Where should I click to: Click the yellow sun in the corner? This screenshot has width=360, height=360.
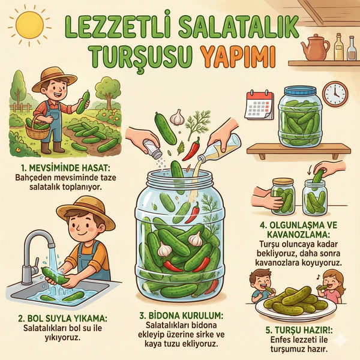click(29, 25)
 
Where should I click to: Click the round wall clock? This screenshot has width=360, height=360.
click(335, 94)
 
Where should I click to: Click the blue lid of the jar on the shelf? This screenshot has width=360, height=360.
click(300, 91)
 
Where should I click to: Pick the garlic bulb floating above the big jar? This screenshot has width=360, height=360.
click(177, 118)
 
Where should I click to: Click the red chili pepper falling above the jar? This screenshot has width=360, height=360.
click(191, 149)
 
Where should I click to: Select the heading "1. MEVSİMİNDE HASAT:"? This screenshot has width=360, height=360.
click(65, 168)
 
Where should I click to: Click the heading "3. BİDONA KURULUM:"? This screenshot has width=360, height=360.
click(181, 316)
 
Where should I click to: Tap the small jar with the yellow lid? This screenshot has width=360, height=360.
click(283, 196)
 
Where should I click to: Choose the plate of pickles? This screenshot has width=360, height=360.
click(296, 304)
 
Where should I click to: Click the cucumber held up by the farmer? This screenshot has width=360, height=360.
click(83, 103)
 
